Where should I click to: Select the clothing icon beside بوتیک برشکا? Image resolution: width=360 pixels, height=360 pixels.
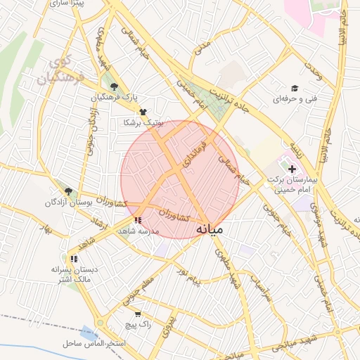point(143,112)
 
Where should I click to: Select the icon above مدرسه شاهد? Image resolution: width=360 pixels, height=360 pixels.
point(137,220)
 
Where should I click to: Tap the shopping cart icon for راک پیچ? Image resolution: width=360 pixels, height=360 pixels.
point(137,314)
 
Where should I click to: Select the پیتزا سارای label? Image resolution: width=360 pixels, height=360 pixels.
point(68,4)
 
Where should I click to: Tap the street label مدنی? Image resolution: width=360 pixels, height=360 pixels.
point(203,47)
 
